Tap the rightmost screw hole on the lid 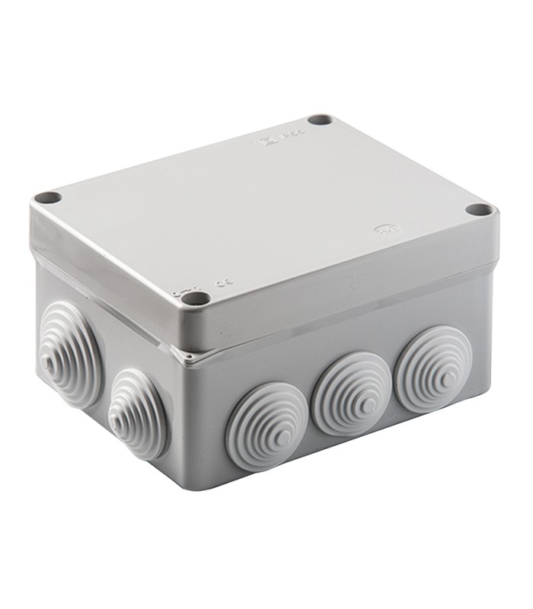pyautogui.click(x=477, y=209)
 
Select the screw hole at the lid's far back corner pyautogui.click(x=321, y=121)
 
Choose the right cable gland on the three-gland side pyautogui.click(x=432, y=368)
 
